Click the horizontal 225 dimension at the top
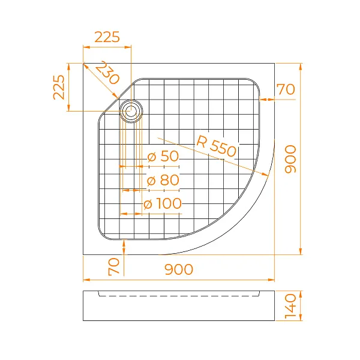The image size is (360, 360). tap(107, 37)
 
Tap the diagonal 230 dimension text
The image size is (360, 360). tap(106, 74)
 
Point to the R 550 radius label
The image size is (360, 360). tap(217, 147)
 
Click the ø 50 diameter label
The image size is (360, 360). tap(163, 157)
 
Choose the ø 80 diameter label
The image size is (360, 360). tap(163, 180)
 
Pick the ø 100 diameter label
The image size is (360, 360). tap(163, 204)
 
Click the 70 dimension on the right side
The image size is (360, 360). tap(286, 90)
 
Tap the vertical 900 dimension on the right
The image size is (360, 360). tap(290, 159)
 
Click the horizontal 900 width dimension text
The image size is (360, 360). tap(178, 270)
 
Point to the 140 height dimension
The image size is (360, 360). tap(291, 306)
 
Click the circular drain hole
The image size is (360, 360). tap(131, 110)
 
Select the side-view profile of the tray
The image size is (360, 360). tap(178, 307)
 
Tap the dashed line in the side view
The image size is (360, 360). tap(180, 296)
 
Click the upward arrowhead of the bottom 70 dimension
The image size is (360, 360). tap(123, 242)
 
